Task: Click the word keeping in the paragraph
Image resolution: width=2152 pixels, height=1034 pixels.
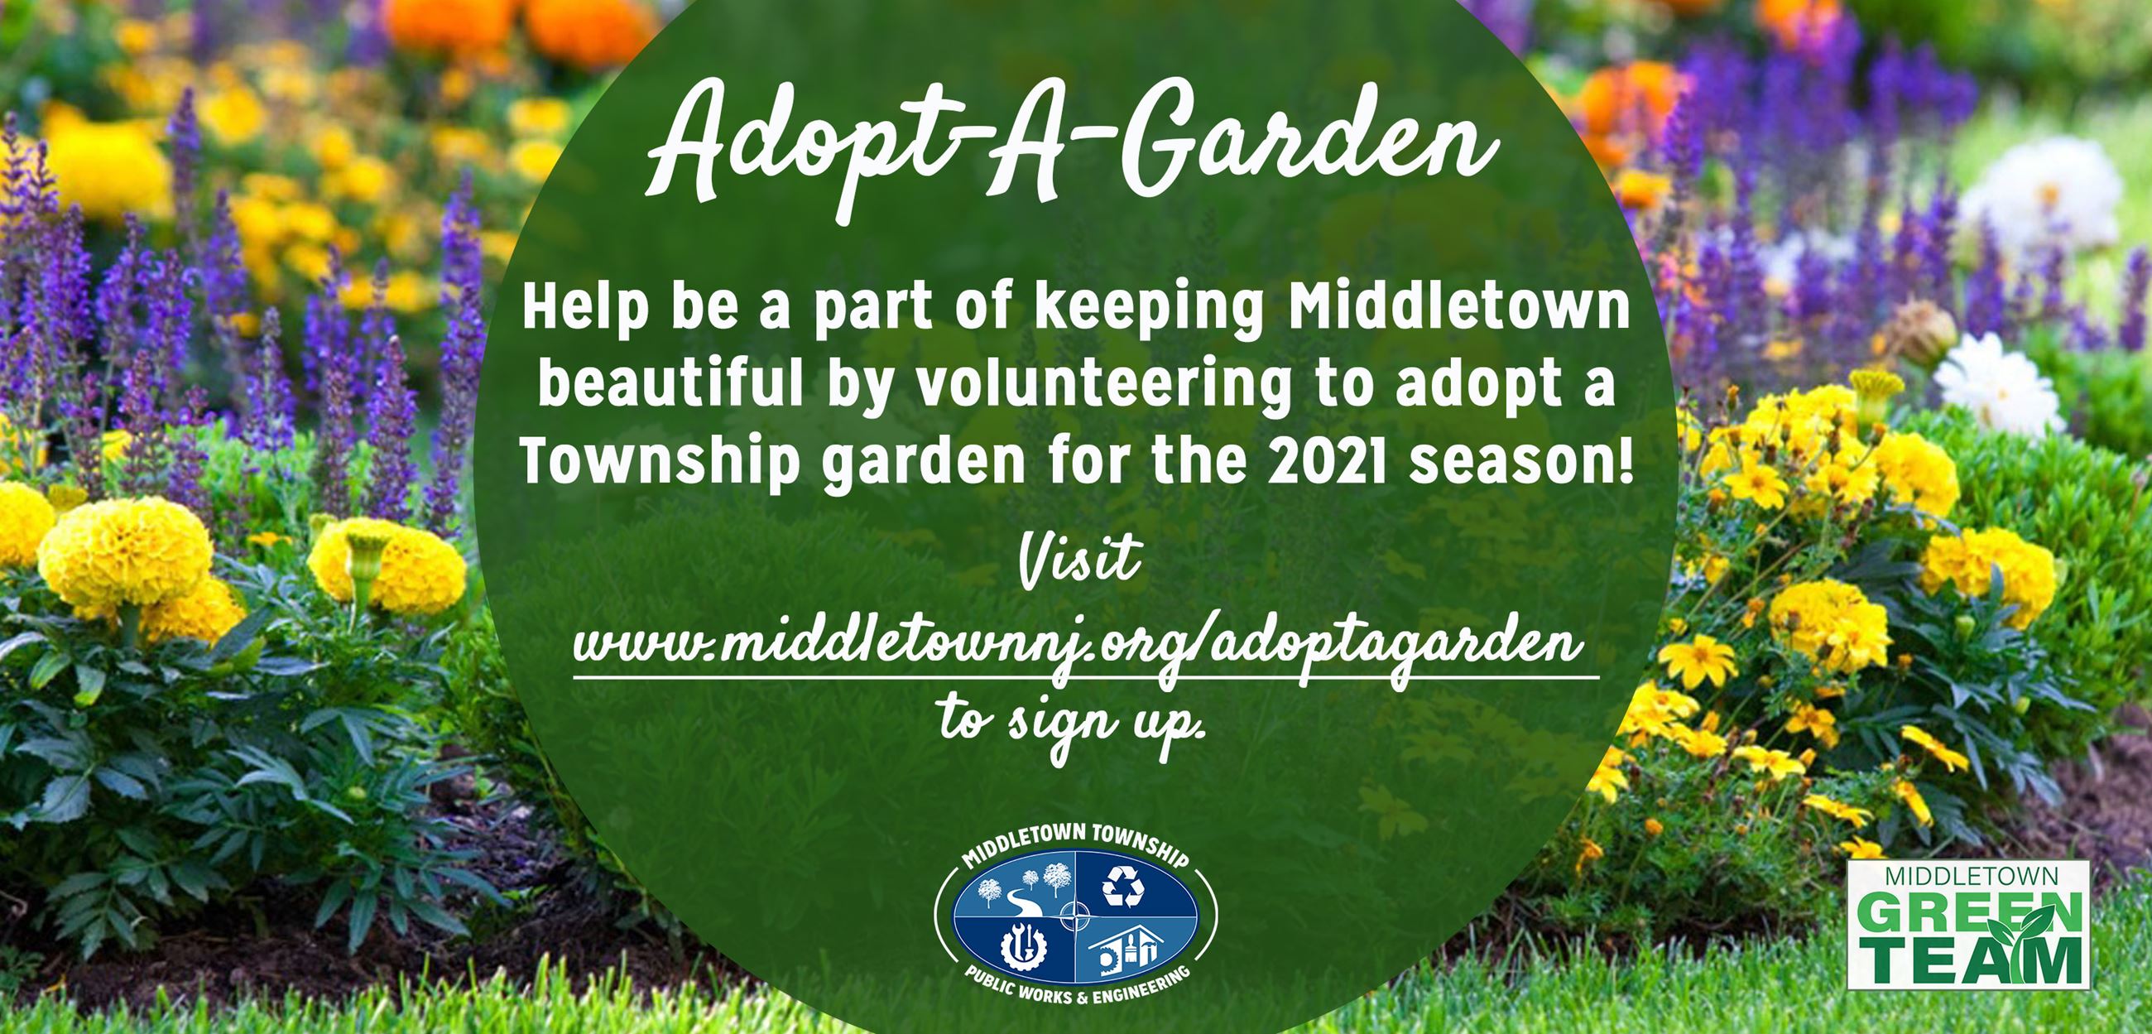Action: (1150, 312)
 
